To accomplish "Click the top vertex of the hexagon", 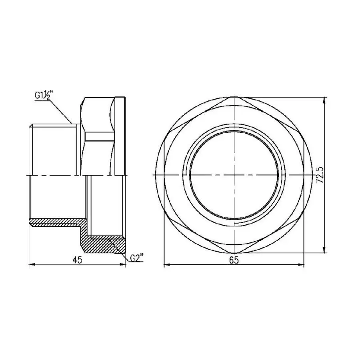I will [x=235, y=98].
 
